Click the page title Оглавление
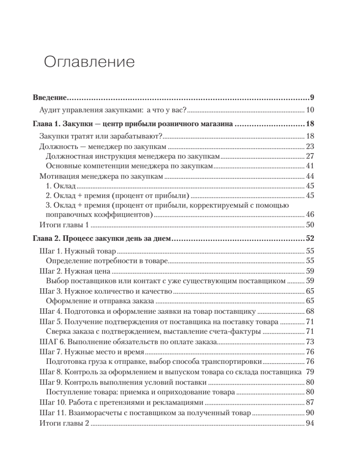[89, 62]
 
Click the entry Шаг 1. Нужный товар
[75, 251]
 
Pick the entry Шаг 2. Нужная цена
[73, 270]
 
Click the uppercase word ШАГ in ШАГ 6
[48, 342]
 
